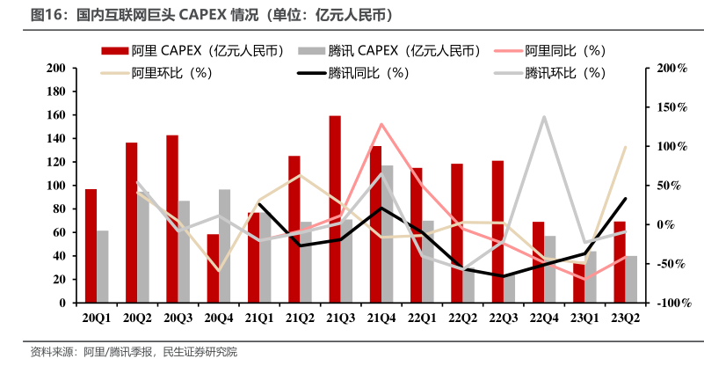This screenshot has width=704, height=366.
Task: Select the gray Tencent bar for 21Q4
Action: [388, 234]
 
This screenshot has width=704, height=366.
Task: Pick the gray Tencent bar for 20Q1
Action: [103, 267]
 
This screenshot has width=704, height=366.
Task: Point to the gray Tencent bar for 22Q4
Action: [550, 269]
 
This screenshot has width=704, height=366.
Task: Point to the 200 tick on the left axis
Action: [55, 68]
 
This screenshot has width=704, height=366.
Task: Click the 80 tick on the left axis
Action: [59, 209]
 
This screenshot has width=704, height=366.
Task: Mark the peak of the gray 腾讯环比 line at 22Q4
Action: [544, 116]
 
